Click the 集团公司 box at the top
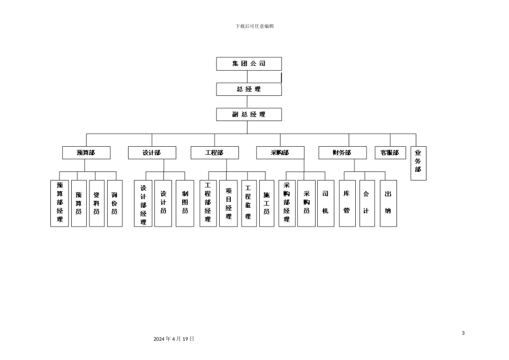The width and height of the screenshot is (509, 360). pos(249,64)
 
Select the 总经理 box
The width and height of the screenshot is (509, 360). pos(249,89)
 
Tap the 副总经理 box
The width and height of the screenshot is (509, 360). pos(249,114)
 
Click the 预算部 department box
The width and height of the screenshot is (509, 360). pos(86,153)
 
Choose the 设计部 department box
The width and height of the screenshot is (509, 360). pos(152,153)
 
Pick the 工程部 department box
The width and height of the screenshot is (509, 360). pos(214,153)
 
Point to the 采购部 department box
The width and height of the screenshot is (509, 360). pos(280,153)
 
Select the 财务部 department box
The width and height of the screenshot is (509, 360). pos(342,153)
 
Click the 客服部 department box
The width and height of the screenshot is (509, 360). pos(390,153)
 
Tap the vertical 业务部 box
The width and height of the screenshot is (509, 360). pos(418,163)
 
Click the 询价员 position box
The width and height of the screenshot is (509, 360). pos(115,204)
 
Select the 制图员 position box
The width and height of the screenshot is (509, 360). pos(185,204)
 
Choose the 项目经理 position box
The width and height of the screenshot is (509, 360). pos(228,204)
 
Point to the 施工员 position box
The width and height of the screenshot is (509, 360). pos(266,204)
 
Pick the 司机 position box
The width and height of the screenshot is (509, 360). pos(325,204)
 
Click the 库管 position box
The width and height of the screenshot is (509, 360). pos(347,204)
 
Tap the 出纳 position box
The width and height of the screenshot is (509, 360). pos(388,204)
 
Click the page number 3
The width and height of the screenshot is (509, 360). pos(463,333)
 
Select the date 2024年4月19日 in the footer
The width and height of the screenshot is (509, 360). pos(174,339)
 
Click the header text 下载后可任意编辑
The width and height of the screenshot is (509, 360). pos(254,26)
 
